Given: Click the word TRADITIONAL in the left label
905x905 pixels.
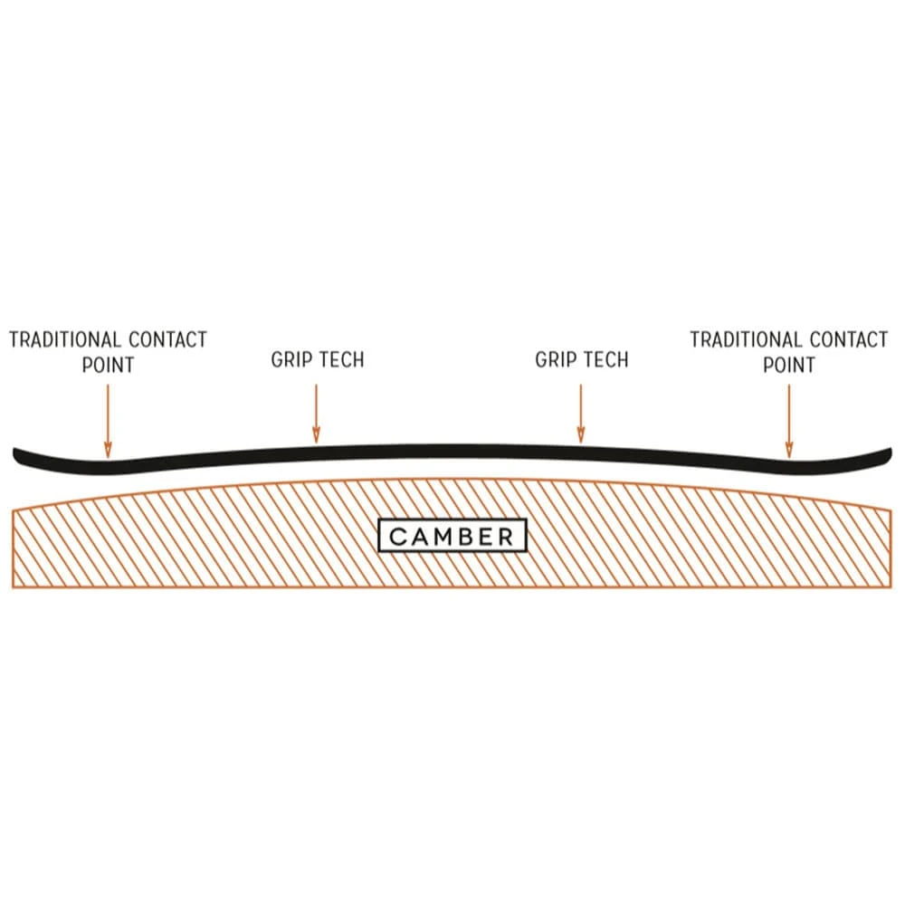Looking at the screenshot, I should [66, 340].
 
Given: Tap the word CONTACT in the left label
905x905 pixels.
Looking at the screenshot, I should [167, 340].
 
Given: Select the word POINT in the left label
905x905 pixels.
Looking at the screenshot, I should [108, 365].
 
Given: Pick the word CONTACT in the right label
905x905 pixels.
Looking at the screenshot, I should [849, 340].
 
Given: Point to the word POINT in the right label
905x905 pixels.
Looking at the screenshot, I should [789, 365].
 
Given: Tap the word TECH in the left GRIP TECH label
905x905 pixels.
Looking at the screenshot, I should [342, 359].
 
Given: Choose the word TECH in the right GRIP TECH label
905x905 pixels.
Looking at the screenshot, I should [606, 359].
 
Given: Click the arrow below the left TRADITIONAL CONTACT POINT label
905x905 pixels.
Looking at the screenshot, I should [108, 421].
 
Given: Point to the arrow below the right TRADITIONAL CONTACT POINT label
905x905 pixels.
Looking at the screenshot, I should [789, 421].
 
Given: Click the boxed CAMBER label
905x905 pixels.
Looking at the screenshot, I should [452, 536].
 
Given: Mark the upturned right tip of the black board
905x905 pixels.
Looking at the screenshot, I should [885, 455].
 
